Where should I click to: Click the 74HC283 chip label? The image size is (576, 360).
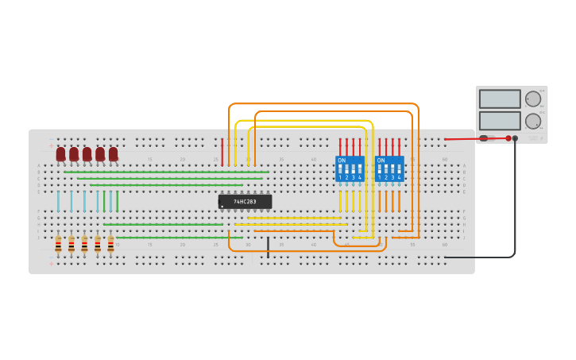[245, 202]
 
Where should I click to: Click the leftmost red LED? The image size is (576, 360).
[61, 153]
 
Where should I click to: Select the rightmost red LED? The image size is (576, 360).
[113, 153]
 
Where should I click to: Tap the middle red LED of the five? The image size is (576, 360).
[87, 153]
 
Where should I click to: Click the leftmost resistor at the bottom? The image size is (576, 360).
[58, 245]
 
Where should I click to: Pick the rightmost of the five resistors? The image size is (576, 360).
[110, 245]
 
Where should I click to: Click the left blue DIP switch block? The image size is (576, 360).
[350, 169]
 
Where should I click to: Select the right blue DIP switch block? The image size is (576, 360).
[389, 169]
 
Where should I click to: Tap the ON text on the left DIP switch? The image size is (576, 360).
[342, 161]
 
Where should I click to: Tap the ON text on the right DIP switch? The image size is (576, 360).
[381, 161]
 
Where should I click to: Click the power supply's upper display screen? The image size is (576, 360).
[500, 99]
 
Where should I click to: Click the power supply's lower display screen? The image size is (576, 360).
[500, 121]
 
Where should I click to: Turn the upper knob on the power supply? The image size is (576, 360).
[533, 99]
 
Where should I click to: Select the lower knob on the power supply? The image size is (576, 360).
[533, 121]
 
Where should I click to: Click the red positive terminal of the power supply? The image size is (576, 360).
[508, 138]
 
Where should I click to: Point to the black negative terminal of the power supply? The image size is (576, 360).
[515, 138]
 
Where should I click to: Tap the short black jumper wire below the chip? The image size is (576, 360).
[268, 247]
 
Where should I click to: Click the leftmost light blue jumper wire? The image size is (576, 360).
[58, 201]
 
